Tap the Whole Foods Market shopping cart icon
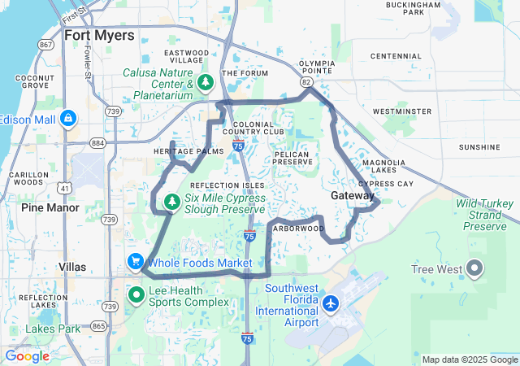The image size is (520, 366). (134, 262)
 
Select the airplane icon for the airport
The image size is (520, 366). (331, 303)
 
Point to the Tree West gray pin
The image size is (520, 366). (474, 268)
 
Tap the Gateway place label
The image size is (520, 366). (353, 196)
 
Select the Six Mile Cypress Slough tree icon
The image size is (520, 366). (171, 201)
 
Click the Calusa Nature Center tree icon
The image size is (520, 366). (206, 82)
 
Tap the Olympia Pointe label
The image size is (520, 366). (317, 67)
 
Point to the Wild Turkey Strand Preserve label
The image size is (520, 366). (485, 214)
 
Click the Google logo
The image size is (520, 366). (27, 356)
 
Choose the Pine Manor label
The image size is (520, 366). (50, 207)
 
